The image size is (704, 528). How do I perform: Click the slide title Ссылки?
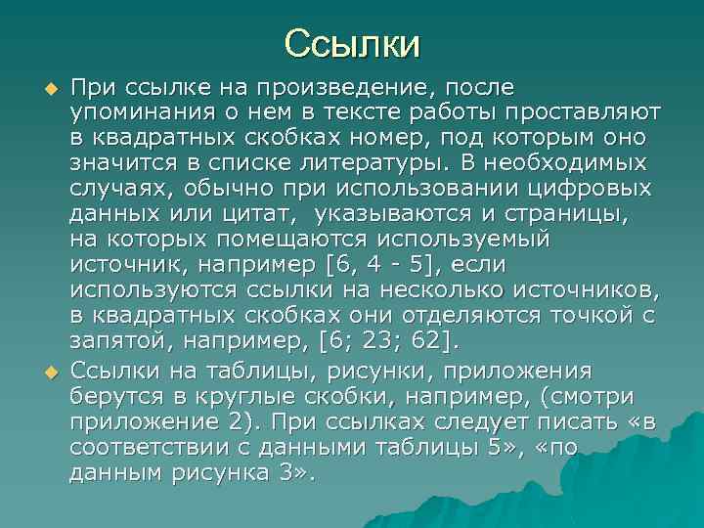coord(352,43)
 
